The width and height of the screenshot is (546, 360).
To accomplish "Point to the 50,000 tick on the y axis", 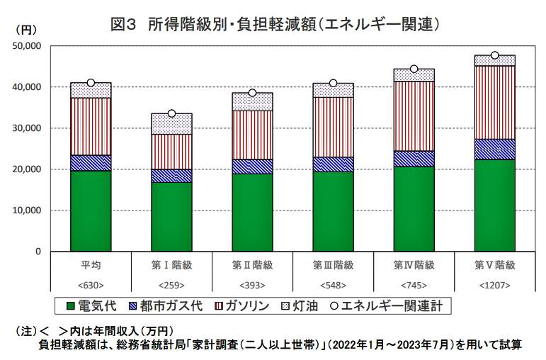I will pos(28,46).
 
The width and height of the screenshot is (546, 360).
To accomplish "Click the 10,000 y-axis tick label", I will pos(28,211).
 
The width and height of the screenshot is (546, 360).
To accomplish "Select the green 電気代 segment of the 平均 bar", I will pos(91,211).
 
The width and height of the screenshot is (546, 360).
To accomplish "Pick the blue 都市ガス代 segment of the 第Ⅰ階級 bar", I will pos(171,176).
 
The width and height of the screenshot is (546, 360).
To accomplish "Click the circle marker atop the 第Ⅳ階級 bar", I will pos(414,69).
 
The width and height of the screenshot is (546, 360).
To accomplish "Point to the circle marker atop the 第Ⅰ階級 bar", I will pos(171,113).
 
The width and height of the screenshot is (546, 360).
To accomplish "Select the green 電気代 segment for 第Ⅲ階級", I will pos(333,211).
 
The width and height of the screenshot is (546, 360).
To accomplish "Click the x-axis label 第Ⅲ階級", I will pos(333,265).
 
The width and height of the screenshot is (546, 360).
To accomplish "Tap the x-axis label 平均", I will pos(91,265).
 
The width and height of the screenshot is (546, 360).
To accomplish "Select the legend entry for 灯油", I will pos(296,306).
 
